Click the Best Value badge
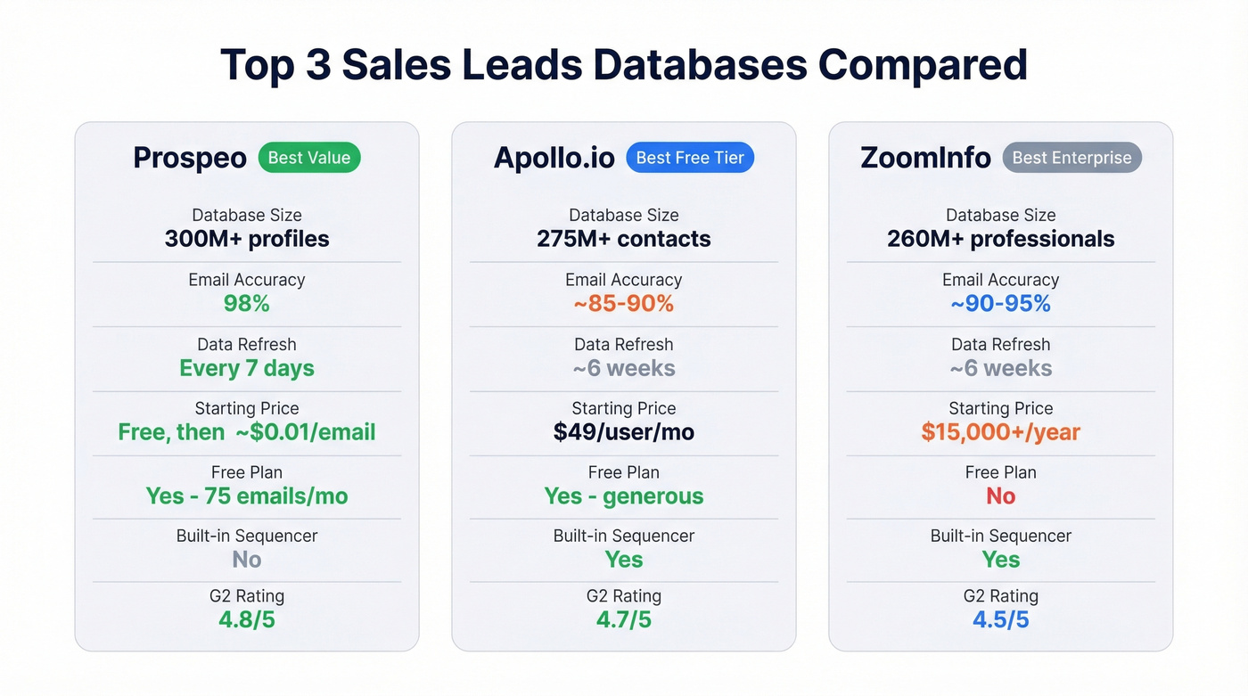coord(309,158)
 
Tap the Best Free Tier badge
coord(690,158)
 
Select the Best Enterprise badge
coord(1071,158)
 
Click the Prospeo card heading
coord(190,159)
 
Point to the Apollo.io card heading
coord(554,159)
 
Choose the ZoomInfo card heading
coord(925,159)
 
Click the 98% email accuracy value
coord(246,304)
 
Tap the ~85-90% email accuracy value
coord(623,304)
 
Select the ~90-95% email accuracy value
coord(1000,304)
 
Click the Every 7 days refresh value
coord(247,368)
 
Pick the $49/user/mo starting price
coord(623,432)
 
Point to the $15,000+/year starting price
coord(1000,432)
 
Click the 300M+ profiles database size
coord(247,239)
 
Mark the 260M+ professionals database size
coord(1000,239)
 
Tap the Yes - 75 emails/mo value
coord(247,495)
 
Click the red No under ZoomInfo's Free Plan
coord(1000,495)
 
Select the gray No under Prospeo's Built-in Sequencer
coord(247,560)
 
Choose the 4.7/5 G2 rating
coord(623,619)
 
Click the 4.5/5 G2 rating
coord(1000,619)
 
